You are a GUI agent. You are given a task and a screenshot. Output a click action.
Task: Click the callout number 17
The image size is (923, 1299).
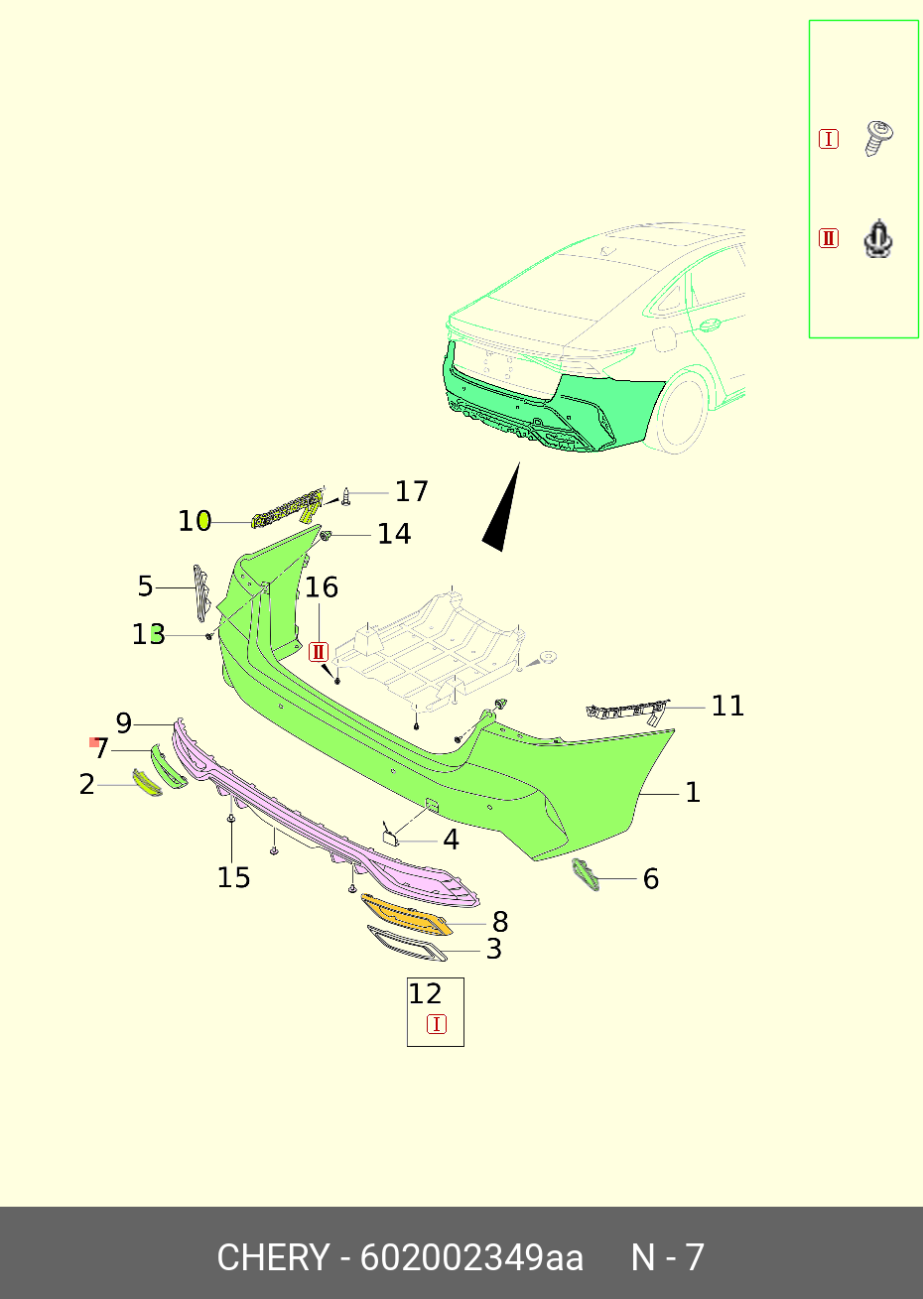coord(411,491)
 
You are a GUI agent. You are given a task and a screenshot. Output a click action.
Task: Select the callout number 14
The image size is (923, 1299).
coord(393,534)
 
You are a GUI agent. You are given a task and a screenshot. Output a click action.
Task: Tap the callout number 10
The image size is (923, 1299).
coord(195,521)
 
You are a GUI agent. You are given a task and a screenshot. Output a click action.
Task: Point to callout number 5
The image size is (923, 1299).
coord(146,586)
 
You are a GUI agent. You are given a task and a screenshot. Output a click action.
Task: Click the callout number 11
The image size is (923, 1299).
coord(727,706)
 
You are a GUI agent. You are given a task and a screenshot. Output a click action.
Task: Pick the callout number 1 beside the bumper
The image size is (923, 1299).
coord(693,792)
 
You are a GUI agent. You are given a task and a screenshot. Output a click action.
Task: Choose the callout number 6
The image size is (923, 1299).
coord(651,878)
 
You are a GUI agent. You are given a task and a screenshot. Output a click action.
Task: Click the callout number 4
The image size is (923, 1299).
coord(451,841)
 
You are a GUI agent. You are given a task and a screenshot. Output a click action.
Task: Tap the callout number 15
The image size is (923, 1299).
coord(233,877)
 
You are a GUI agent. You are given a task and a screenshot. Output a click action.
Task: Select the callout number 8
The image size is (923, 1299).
coord(500,922)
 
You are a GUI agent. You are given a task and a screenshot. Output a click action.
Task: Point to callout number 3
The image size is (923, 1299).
coord(493,949)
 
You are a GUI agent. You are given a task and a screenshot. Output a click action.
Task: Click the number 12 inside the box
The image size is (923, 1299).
coord(425,993)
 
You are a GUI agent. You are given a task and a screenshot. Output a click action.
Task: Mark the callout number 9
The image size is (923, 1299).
coord(124,723)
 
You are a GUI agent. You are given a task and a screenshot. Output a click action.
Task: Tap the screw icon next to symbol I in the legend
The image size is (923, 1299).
coord(878,138)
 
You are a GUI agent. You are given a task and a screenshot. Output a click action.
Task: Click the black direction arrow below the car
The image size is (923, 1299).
coord(503,510)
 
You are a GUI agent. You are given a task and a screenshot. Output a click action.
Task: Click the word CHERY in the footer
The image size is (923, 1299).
coord(272,1257)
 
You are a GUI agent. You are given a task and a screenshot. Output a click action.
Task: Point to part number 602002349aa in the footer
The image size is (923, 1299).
coord(470,1257)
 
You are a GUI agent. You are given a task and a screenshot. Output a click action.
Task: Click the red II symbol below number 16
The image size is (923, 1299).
coord(319,652)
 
